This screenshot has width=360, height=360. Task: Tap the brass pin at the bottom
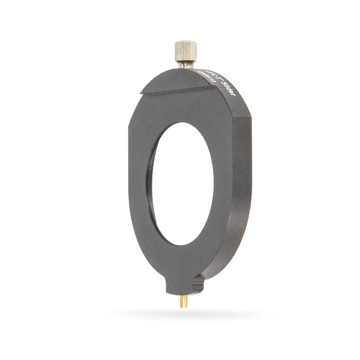pos(183,301)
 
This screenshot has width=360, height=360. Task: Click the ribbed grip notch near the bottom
pos(198,284)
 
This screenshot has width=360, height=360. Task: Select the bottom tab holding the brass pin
pos(180,286)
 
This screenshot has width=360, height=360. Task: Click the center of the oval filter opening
pos(182,184)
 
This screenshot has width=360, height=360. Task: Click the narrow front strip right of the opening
pos(223,189)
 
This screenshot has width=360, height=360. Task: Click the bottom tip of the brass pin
pos(183,306)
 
